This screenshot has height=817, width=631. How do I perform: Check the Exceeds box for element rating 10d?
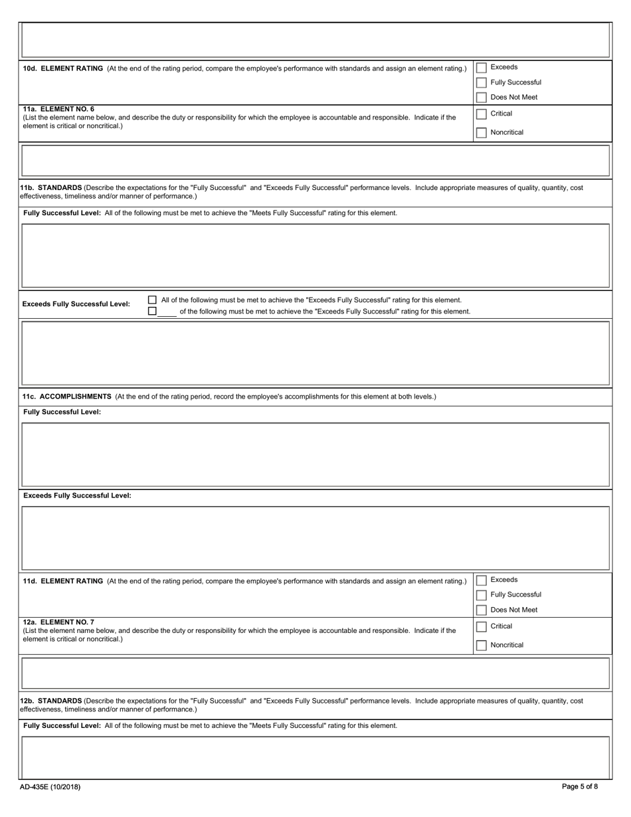point(482,68)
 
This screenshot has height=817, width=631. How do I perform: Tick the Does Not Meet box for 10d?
point(482,98)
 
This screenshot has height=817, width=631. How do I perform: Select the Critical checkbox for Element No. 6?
point(482,114)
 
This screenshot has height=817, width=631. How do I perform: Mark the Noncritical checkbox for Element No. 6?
point(482,133)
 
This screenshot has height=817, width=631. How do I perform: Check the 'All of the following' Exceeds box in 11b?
point(152,300)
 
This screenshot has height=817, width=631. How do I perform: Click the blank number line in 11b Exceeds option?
point(167,312)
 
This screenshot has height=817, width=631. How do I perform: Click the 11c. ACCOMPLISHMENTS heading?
point(67,397)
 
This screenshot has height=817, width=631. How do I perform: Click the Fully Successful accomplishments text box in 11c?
point(315,454)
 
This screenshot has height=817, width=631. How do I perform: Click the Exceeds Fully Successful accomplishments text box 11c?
point(315,538)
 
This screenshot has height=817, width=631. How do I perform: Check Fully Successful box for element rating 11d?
point(482,595)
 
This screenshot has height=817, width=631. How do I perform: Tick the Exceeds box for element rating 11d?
point(482,581)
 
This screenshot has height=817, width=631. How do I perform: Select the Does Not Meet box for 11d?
point(482,610)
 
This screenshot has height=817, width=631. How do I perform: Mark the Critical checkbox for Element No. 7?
point(482,627)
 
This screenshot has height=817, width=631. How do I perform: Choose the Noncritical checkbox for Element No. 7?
point(482,646)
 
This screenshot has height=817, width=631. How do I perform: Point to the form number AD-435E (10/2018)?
point(50,787)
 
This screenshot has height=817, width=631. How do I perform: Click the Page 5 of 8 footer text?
point(579,787)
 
